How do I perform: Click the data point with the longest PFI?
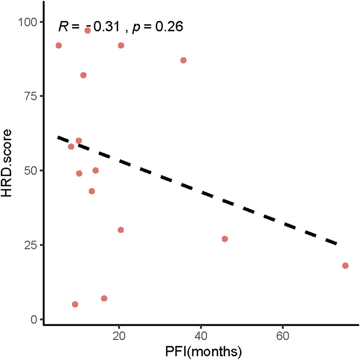coord(345,265)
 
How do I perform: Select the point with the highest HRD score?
coord(88,30)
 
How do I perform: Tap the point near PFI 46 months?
coord(225,239)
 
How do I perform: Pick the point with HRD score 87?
coord(183,60)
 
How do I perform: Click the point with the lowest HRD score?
coord(75,304)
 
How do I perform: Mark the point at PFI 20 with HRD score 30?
coord(121,230)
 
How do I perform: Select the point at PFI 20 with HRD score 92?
coord(121,45)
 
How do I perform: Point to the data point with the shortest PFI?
coord(58,45)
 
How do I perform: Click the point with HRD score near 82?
coord(83,75)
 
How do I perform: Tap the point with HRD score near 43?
coord(92,191)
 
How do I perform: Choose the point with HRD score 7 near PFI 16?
coord(104,298)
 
